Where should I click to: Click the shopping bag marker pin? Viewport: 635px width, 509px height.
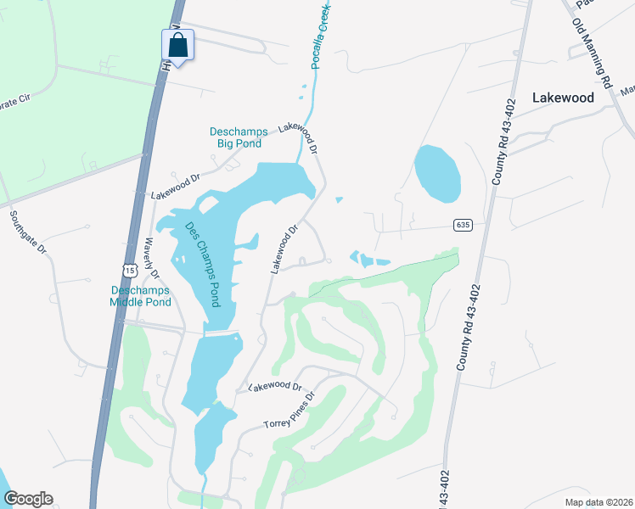[x=178, y=45]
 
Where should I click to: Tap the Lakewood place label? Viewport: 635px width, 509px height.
[x=563, y=98]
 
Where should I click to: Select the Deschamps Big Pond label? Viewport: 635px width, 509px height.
[x=239, y=137]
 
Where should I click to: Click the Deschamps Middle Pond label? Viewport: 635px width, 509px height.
[x=142, y=295]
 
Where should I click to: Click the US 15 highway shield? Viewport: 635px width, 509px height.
[x=128, y=270]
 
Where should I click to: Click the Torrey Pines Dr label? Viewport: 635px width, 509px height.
[x=289, y=411]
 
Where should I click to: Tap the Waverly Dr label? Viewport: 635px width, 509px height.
[x=152, y=258]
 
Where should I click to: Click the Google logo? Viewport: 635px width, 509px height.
[x=28, y=499]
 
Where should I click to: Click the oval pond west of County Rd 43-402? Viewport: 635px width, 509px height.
[x=438, y=174]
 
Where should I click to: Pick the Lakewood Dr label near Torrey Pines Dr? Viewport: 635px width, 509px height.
[x=275, y=387]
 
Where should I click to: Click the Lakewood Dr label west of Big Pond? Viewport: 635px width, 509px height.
[x=175, y=185]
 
